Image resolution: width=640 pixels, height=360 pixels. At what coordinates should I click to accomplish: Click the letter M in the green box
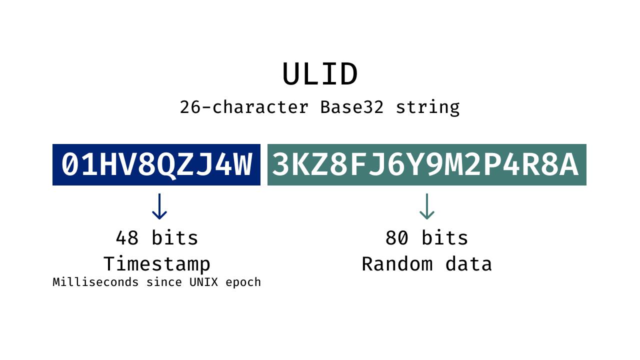point(454,165)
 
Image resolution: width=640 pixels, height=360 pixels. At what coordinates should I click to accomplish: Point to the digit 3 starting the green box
point(280,165)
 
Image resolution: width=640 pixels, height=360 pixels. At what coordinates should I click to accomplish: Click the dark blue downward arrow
point(159,206)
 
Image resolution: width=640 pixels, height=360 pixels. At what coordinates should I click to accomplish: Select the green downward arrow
point(426,206)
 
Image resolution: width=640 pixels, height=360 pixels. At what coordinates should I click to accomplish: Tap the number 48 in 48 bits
point(127,238)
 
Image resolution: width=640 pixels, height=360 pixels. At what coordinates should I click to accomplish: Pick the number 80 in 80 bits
point(397,238)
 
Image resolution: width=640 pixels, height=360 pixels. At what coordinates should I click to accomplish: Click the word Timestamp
point(157,264)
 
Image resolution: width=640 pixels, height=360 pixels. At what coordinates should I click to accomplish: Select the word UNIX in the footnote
point(203,282)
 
